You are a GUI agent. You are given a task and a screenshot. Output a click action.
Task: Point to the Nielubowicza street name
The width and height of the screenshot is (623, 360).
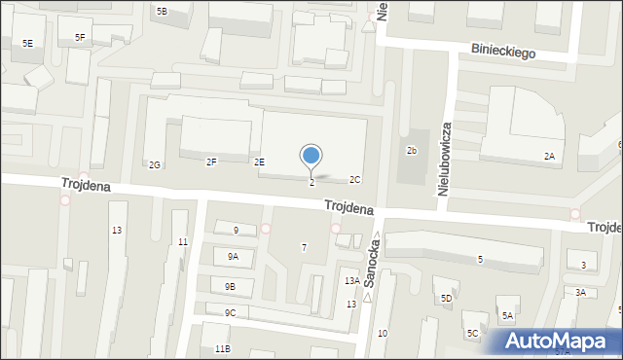445,160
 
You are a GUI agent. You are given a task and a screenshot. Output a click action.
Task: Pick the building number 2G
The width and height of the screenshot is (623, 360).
155,164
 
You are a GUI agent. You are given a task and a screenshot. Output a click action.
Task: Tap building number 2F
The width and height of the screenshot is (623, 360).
211,162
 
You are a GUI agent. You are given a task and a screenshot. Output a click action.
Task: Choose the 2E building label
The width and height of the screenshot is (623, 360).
259,162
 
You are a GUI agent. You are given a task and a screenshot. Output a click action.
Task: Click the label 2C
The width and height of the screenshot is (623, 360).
355,179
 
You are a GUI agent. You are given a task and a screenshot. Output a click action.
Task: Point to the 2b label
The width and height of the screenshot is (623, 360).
412,151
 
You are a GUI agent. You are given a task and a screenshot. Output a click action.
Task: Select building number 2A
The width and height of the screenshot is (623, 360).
549,156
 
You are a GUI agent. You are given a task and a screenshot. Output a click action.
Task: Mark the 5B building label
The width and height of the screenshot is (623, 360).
162,11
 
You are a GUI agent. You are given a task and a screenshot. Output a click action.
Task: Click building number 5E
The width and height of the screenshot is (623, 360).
27,44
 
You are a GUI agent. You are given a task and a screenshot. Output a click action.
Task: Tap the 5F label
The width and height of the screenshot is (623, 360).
80,37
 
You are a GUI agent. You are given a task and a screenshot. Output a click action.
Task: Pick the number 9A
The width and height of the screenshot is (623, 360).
233,256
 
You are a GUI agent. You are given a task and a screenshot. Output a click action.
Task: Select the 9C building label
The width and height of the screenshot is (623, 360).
230,312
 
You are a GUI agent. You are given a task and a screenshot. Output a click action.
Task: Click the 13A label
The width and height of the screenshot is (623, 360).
351,280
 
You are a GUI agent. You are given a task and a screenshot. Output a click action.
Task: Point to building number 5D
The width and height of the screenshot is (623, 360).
446,298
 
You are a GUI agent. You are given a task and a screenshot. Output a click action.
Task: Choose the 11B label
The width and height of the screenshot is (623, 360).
222,348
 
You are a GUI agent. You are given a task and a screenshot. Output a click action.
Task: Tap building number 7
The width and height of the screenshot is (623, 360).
304,248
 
